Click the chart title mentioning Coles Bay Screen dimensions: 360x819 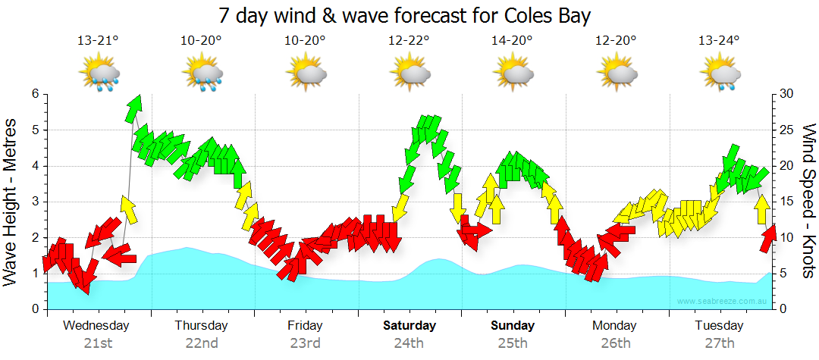pyautogui.click(x=404, y=15)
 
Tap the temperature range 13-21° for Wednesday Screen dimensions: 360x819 pyautogui.click(x=98, y=41)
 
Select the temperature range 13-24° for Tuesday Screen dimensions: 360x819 pyautogui.click(x=719, y=41)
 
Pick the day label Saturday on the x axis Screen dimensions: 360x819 pyautogui.click(x=409, y=326)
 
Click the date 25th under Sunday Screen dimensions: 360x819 pyautogui.click(x=513, y=343)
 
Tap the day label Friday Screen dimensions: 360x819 pyautogui.click(x=305, y=326)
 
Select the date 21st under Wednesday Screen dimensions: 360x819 pyautogui.click(x=98, y=343)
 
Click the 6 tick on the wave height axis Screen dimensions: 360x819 pyautogui.click(x=34, y=94)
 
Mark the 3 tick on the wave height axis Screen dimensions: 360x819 pyautogui.click(x=34, y=202)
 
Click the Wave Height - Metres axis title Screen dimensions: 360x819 pyautogui.click(x=12, y=202)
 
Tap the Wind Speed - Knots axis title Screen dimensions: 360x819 pyautogui.click(x=808, y=202)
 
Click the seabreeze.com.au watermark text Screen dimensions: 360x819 pyautogui.click(x=723, y=302)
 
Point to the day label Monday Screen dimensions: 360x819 pyautogui.click(x=615, y=326)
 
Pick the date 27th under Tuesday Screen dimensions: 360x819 pyautogui.click(x=720, y=343)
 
